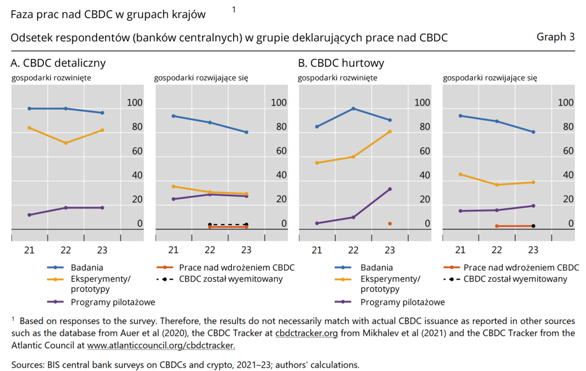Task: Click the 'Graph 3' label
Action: [x=555, y=37]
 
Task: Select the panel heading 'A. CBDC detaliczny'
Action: [x=58, y=63]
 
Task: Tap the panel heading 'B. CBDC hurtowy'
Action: [x=341, y=63]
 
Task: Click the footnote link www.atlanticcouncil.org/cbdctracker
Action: [x=161, y=345]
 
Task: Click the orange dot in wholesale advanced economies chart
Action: [x=389, y=223]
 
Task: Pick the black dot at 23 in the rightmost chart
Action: [x=533, y=226]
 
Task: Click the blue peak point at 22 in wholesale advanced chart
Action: [x=353, y=109]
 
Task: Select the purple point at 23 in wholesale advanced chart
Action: [x=389, y=189]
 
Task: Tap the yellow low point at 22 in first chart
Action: [x=66, y=143]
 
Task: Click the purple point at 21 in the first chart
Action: [x=29, y=215]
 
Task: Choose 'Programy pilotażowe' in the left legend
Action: [x=113, y=302]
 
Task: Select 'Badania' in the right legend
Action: [x=376, y=268]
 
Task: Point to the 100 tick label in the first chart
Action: [x=134, y=103]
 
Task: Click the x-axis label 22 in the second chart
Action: [x=210, y=250]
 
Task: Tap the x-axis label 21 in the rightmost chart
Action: [x=460, y=250]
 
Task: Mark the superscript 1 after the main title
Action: [x=234, y=9]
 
